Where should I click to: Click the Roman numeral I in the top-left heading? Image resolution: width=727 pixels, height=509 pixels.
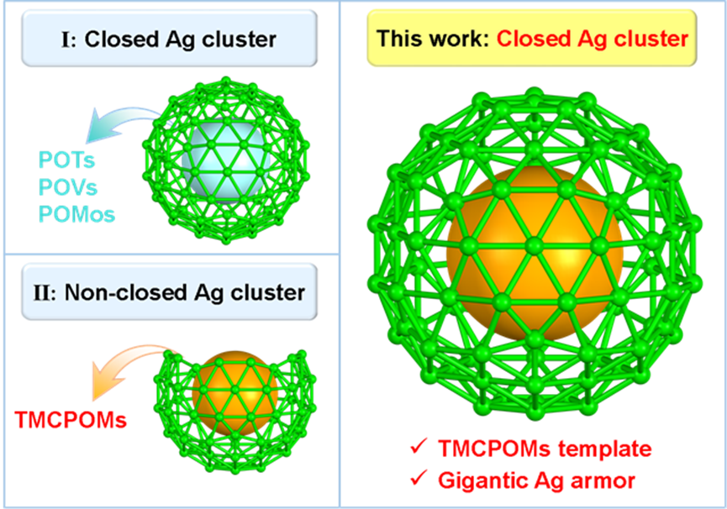coord(66,39)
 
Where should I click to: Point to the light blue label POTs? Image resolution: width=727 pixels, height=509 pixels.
coord(66,160)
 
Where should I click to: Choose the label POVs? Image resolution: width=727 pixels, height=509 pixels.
coord(68,187)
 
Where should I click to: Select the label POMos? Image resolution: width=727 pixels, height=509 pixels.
coord(76,214)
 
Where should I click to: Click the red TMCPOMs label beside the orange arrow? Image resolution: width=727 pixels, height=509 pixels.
coord(71,420)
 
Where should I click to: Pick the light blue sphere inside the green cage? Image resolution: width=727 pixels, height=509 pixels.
coord(226,160)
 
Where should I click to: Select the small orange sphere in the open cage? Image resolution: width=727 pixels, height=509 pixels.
coord(234,393)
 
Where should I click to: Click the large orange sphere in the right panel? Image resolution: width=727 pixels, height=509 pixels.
coord(535,254)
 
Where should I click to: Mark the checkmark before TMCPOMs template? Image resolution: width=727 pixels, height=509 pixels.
coord(419,446)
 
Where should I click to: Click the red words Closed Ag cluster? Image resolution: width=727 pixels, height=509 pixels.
coord(593,39)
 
